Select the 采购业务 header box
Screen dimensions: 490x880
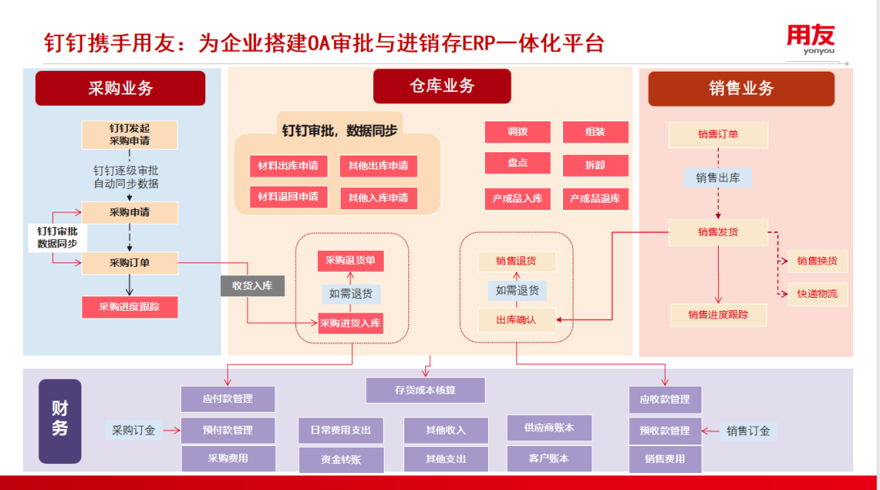pyautogui.click(x=120, y=88)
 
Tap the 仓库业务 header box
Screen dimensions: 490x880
pyautogui.click(x=442, y=86)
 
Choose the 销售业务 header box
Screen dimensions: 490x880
pyautogui.click(x=741, y=89)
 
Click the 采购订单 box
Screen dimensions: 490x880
pyautogui.click(x=130, y=263)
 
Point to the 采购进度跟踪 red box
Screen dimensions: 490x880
pyautogui.click(x=130, y=307)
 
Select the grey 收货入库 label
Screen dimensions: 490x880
pyautogui.click(x=252, y=285)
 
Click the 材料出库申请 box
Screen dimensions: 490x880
pyautogui.click(x=288, y=166)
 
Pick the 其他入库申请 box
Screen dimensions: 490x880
pyautogui.click(x=378, y=198)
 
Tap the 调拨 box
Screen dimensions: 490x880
pyautogui.click(x=517, y=132)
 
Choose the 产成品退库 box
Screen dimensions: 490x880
pyautogui.click(x=595, y=199)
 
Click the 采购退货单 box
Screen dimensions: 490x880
pyautogui.click(x=350, y=261)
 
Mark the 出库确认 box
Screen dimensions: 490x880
pyautogui.click(x=517, y=320)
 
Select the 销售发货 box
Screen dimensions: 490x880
pyautogui.click(x=718, y=232)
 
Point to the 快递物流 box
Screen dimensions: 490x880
pyautogui.click(x=816, y=294)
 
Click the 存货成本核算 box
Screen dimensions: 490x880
pyautogui.click(x=425, y=390)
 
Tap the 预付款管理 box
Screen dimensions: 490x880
pyautogui.click(x=227, y=430)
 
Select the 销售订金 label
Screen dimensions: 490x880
pyautogui.click(x=748, y=431)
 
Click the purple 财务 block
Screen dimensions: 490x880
pyautogui.click(x=59, y=420)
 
